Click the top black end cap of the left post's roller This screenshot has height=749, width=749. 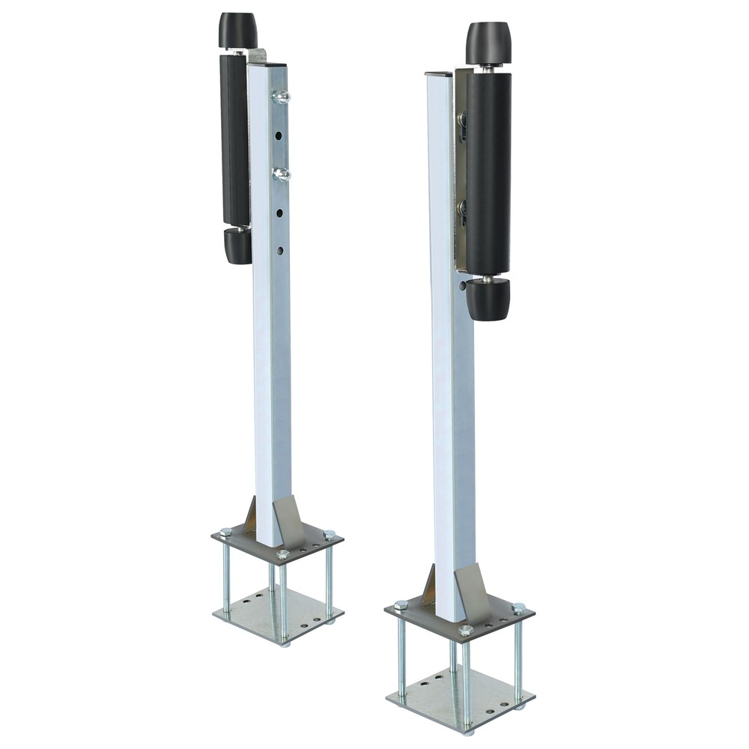click(x=238, y=30)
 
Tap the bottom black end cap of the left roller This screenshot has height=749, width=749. click(x=238, y=246)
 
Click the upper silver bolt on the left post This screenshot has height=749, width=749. click(x=282, y=96)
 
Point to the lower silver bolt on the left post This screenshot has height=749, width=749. click(x=282, y=175)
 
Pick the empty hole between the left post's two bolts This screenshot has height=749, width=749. click(x=279, y=136)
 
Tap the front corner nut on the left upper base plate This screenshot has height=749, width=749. click(x=282, y=555)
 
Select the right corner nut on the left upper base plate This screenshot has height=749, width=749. click(x=329, y=535)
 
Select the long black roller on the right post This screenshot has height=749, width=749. click(x=488, y=172)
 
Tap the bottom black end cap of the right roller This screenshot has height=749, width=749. click(x=488, y=300)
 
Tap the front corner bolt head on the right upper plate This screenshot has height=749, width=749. click(x=465, y=631)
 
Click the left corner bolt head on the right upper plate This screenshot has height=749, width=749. click(x=401, y=604)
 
